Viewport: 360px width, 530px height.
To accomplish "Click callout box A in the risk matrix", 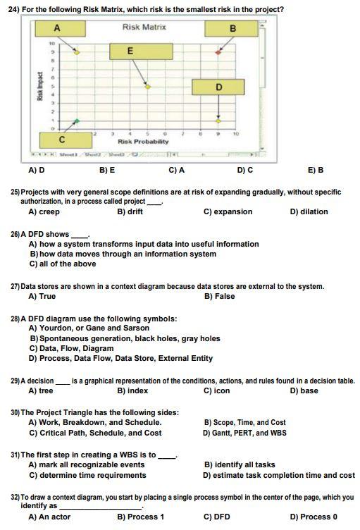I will [x=57, y=27].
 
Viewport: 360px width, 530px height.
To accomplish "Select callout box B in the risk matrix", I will [x=232, y=28].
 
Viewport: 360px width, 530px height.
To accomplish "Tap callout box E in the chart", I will [x=130, y=51].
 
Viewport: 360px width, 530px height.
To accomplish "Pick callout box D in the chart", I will [x=219, y=87].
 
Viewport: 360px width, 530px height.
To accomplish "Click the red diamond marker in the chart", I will [x=218, y=53].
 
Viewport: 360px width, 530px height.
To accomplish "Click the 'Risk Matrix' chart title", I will [x=144, y=27].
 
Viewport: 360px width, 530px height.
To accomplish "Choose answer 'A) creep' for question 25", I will [x=44, y=211].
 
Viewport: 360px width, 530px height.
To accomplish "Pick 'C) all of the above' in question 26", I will [x=63, y=264].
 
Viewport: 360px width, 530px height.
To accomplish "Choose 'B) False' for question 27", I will [x=219, y=296].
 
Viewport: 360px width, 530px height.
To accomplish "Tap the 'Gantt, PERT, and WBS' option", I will [x=244, y=433].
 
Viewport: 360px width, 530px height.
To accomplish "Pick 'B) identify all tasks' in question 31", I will [x=240, y=465].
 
